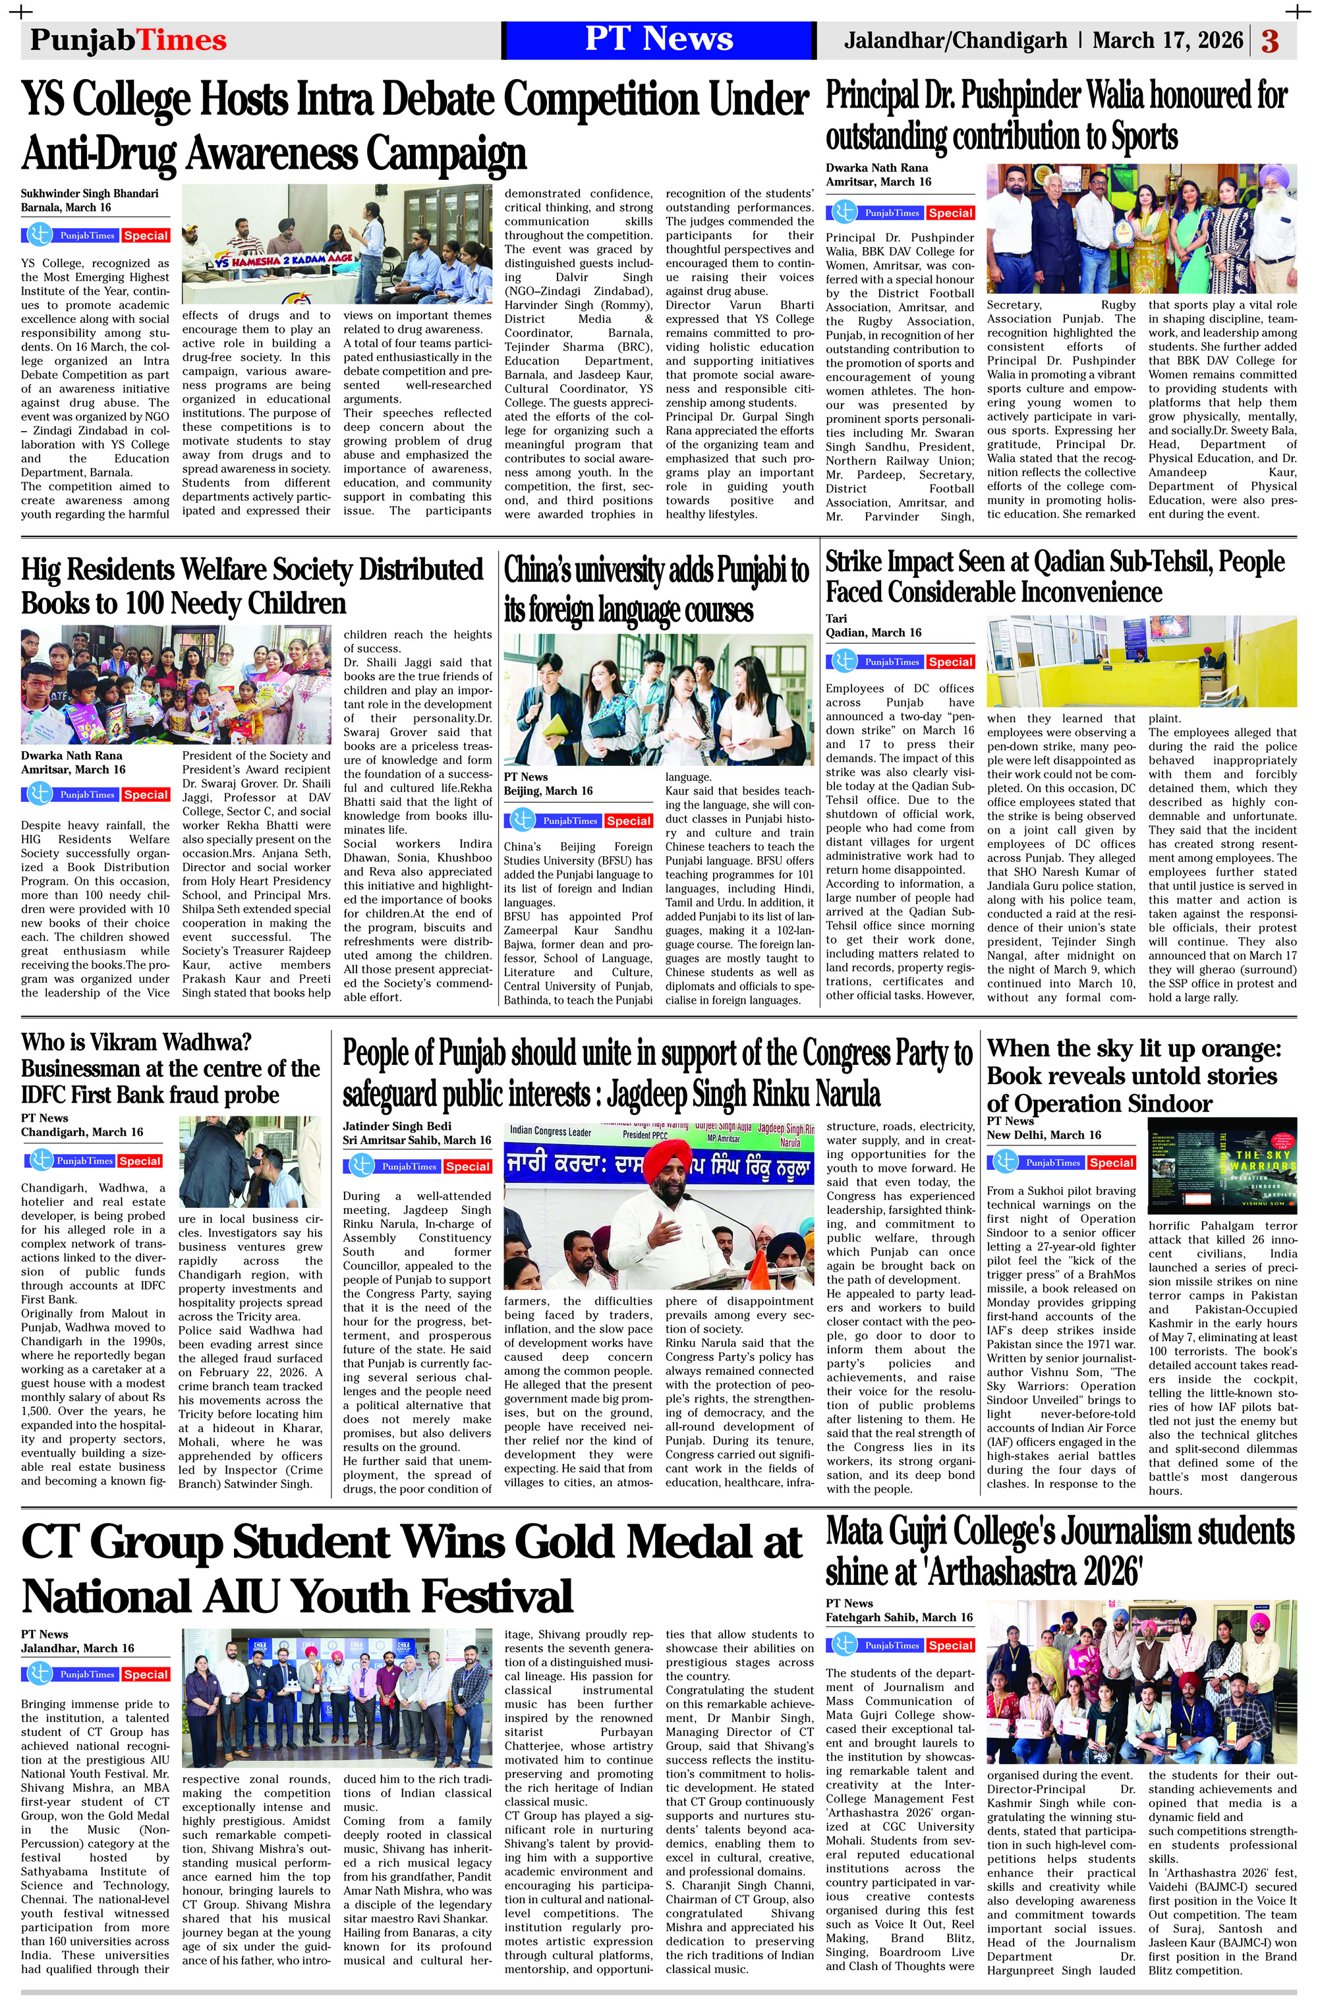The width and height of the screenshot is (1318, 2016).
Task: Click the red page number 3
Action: point(1270,41)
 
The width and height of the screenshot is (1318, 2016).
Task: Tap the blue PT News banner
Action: point(658,40)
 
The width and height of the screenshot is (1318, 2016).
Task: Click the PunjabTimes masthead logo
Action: point(128,40)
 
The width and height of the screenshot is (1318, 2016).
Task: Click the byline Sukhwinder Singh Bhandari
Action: point(90,193)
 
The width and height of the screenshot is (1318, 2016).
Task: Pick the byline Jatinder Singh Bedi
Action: point(397,1126)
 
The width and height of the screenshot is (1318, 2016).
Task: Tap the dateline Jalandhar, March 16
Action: point(77,1648)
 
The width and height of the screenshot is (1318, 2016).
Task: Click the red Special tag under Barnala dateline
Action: point(146,235)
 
